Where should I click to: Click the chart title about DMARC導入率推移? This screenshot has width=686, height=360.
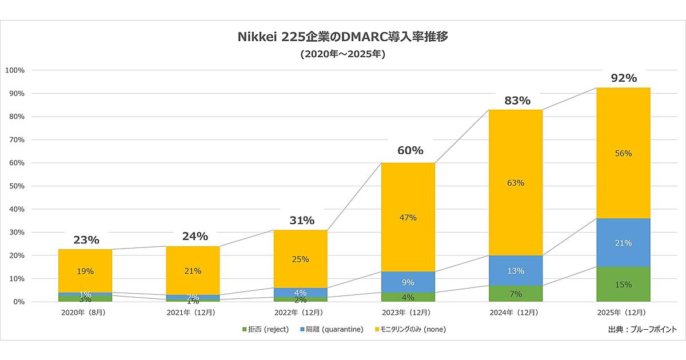[342, 37]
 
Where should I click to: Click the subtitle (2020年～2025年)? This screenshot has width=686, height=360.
[342, 55]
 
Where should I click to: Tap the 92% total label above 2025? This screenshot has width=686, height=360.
[623, 78]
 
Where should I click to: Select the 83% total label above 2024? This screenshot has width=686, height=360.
[516, 101]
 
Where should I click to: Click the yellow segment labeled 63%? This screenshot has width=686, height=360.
[516, 183]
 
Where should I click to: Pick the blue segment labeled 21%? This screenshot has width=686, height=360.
[623, 243]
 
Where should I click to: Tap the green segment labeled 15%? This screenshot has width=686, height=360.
[623, 285]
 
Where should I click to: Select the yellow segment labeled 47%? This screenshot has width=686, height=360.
[408, 218]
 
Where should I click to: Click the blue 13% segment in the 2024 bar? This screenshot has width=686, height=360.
[516, 271]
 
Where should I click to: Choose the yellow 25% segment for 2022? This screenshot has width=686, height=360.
[301, 259]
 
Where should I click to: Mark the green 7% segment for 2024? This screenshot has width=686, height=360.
[516, 294]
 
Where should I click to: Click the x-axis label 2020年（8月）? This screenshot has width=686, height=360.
[86, 313]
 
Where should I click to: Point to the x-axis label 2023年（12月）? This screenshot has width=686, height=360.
[408, 313]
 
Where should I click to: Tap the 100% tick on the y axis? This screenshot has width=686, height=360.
[15, 70]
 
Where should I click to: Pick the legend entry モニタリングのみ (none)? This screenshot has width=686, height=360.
[410, 329]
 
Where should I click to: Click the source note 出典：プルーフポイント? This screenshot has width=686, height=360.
[642, 329]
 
